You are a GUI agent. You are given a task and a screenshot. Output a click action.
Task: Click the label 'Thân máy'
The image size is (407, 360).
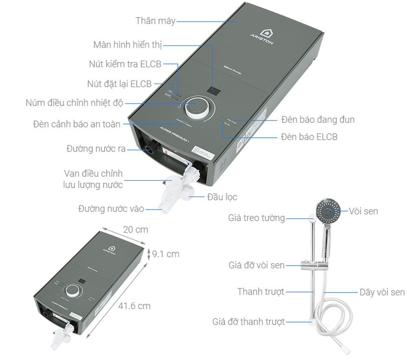pos(155,21)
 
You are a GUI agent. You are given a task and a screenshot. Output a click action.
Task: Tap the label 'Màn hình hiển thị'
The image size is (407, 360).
pos(127,45)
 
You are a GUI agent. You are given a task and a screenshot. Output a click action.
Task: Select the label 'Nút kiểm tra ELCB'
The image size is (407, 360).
pos(125,64)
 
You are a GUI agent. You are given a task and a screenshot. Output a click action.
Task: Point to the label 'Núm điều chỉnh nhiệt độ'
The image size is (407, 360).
pos(74,102)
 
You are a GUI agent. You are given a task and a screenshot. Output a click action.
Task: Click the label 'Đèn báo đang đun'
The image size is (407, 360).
pos(317,120)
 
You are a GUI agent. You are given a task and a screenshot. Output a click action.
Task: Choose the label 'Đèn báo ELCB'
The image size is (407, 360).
pos(309,137)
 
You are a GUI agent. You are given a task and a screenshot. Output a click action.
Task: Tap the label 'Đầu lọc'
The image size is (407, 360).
pos(222,197)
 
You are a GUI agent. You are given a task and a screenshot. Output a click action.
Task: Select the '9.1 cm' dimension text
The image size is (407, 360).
pos(165,254)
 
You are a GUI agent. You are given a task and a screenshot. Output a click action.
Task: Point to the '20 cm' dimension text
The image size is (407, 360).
pos(136,230)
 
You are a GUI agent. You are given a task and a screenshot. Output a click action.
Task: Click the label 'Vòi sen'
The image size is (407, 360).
pos(363,211)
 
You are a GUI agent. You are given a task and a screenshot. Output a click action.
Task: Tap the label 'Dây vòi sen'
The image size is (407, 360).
pos(382,292)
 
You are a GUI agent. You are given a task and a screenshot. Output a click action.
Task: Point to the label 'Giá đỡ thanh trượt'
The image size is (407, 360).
pos(248,322)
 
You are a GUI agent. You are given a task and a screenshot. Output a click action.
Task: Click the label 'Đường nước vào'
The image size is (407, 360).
pos(111,209)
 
